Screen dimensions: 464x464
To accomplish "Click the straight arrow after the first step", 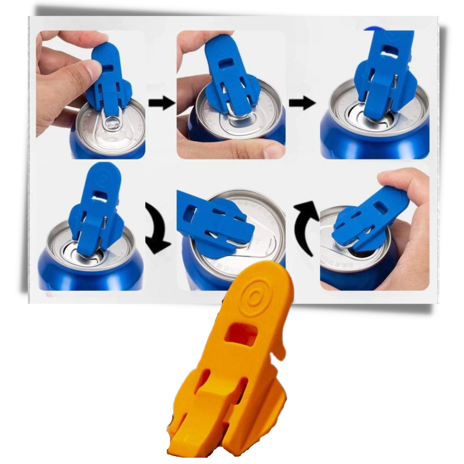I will coord(162,103).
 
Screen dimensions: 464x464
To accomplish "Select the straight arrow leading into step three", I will coord(303,103).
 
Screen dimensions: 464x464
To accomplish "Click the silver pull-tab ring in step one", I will coord(111,124).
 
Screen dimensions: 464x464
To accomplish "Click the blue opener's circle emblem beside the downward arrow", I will coord(101,179).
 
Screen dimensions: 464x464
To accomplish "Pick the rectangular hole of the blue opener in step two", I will coord(226,61).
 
